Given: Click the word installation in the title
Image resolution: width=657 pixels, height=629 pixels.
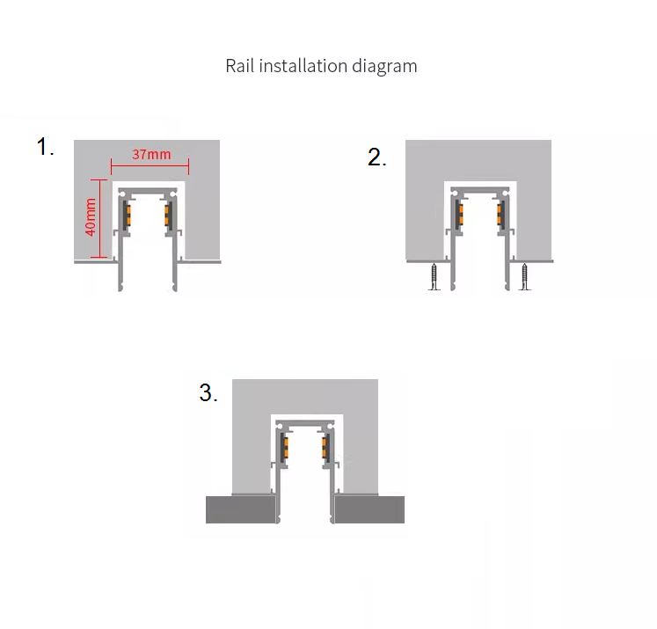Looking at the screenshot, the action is pyautogui.click(x=303, y=66).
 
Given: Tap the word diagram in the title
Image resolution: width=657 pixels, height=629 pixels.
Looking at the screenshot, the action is pyautogui.click(x=384, y=67).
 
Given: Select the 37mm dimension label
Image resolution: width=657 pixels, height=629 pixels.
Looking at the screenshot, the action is pyautogui.click(x=151, y=154).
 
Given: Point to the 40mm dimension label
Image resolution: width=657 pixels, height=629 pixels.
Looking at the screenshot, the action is pyautogui.click(x=90, y=217).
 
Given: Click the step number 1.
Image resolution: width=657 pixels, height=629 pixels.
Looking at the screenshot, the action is pyautogui.click(x=45, y=147).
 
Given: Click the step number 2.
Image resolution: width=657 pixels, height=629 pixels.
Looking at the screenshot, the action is pyautogui.click(x=376, y=157).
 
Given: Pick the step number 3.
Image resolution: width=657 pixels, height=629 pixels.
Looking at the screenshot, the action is pyautogui.click(x=208, y=392).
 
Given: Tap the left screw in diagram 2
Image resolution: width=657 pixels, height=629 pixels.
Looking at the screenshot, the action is pyautogui.click(x=434, y=276).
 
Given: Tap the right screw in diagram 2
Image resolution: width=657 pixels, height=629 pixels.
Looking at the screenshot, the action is pyautogui.click(x=524, y=276).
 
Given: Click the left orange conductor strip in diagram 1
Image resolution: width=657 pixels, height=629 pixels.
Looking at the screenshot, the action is pyautogui.click(x=128, y=215).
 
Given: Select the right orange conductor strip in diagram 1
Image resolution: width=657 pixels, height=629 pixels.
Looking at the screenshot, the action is pyautogui.click(x=166, y=215).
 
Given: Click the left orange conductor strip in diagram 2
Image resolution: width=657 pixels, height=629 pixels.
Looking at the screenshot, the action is pyautogui.click(x=461, y=215).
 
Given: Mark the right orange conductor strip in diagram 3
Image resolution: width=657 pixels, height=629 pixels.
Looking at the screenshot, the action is pyautogui.click(x=325, y=447).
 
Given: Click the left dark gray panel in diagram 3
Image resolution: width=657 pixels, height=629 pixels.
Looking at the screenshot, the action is pyautogui.click(x=240, y=509).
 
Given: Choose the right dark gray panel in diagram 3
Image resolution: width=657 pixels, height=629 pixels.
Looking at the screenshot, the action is pyautogui.click(x=369, y=509).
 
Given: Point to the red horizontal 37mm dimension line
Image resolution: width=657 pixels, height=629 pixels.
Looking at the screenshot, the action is pyautogui.click(x=150, y=166).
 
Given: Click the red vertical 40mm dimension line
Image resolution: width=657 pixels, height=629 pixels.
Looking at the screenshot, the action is pyautogui.click(x=100, y=218).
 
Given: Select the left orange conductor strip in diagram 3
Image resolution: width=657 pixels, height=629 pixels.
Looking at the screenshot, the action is pyautogui.click(x=286, y=447).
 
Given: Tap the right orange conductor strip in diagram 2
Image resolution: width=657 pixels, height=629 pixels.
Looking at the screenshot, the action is pyautogui.click(x=499, y=215).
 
